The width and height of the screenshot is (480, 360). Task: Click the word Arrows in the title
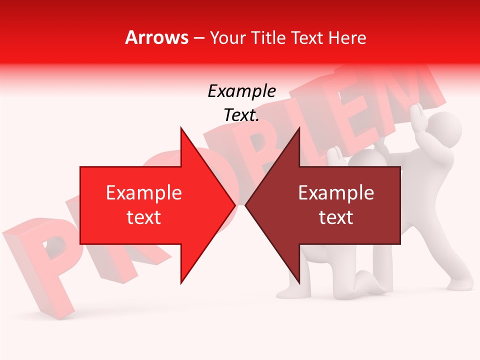pos(156,37)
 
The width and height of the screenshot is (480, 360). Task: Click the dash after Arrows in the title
pos(198,38)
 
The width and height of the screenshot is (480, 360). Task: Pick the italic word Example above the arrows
pos(241,91)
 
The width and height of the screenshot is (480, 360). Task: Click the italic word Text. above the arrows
pos(241,115)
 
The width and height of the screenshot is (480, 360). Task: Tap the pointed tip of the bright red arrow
pos(233,205)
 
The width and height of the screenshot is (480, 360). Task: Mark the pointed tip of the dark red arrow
pos(246,205)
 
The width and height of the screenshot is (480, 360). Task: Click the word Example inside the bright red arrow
pos(144,193)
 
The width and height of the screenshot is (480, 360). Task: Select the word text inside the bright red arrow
pos(144,217)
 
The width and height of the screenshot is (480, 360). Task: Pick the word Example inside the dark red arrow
pos(336,193)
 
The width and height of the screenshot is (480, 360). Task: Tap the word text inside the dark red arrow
pos(336,217)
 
